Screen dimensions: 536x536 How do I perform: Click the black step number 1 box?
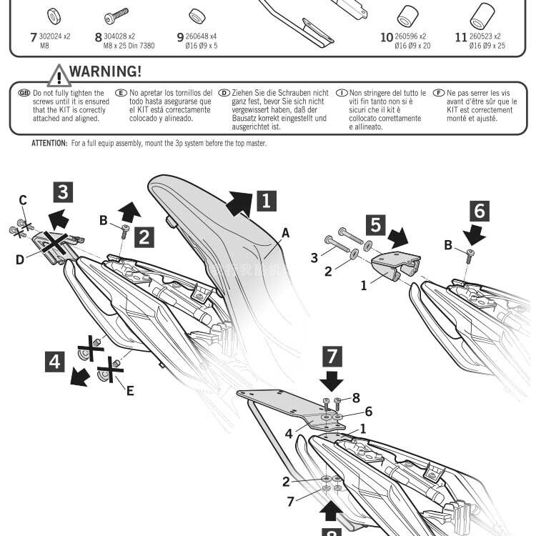tap(265, 200)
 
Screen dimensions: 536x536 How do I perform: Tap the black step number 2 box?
tap(145, 237)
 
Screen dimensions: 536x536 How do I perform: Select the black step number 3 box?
tap(64, 192)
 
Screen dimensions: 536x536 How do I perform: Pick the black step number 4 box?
tap(55, 362)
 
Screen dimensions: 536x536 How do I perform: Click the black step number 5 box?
tap(376, 225)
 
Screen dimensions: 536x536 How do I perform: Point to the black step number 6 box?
tap(480, 211)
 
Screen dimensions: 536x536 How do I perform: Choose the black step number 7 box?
tap(332, 355)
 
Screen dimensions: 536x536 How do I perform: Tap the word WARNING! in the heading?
tap(106, 72)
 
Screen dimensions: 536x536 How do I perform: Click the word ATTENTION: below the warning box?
tap(49, 144)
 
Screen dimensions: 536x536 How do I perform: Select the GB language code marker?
tap(24, 93)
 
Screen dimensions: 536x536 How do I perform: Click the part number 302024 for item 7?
tap(55, 36)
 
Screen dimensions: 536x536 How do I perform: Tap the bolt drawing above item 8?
tap(115, 15)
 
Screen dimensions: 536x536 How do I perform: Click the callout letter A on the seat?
tap(286, 232)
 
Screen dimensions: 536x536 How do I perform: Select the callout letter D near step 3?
tap(20, 259)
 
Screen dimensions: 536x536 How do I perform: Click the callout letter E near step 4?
tap(129, 390)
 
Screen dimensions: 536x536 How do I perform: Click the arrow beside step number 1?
tap(239, 203)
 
